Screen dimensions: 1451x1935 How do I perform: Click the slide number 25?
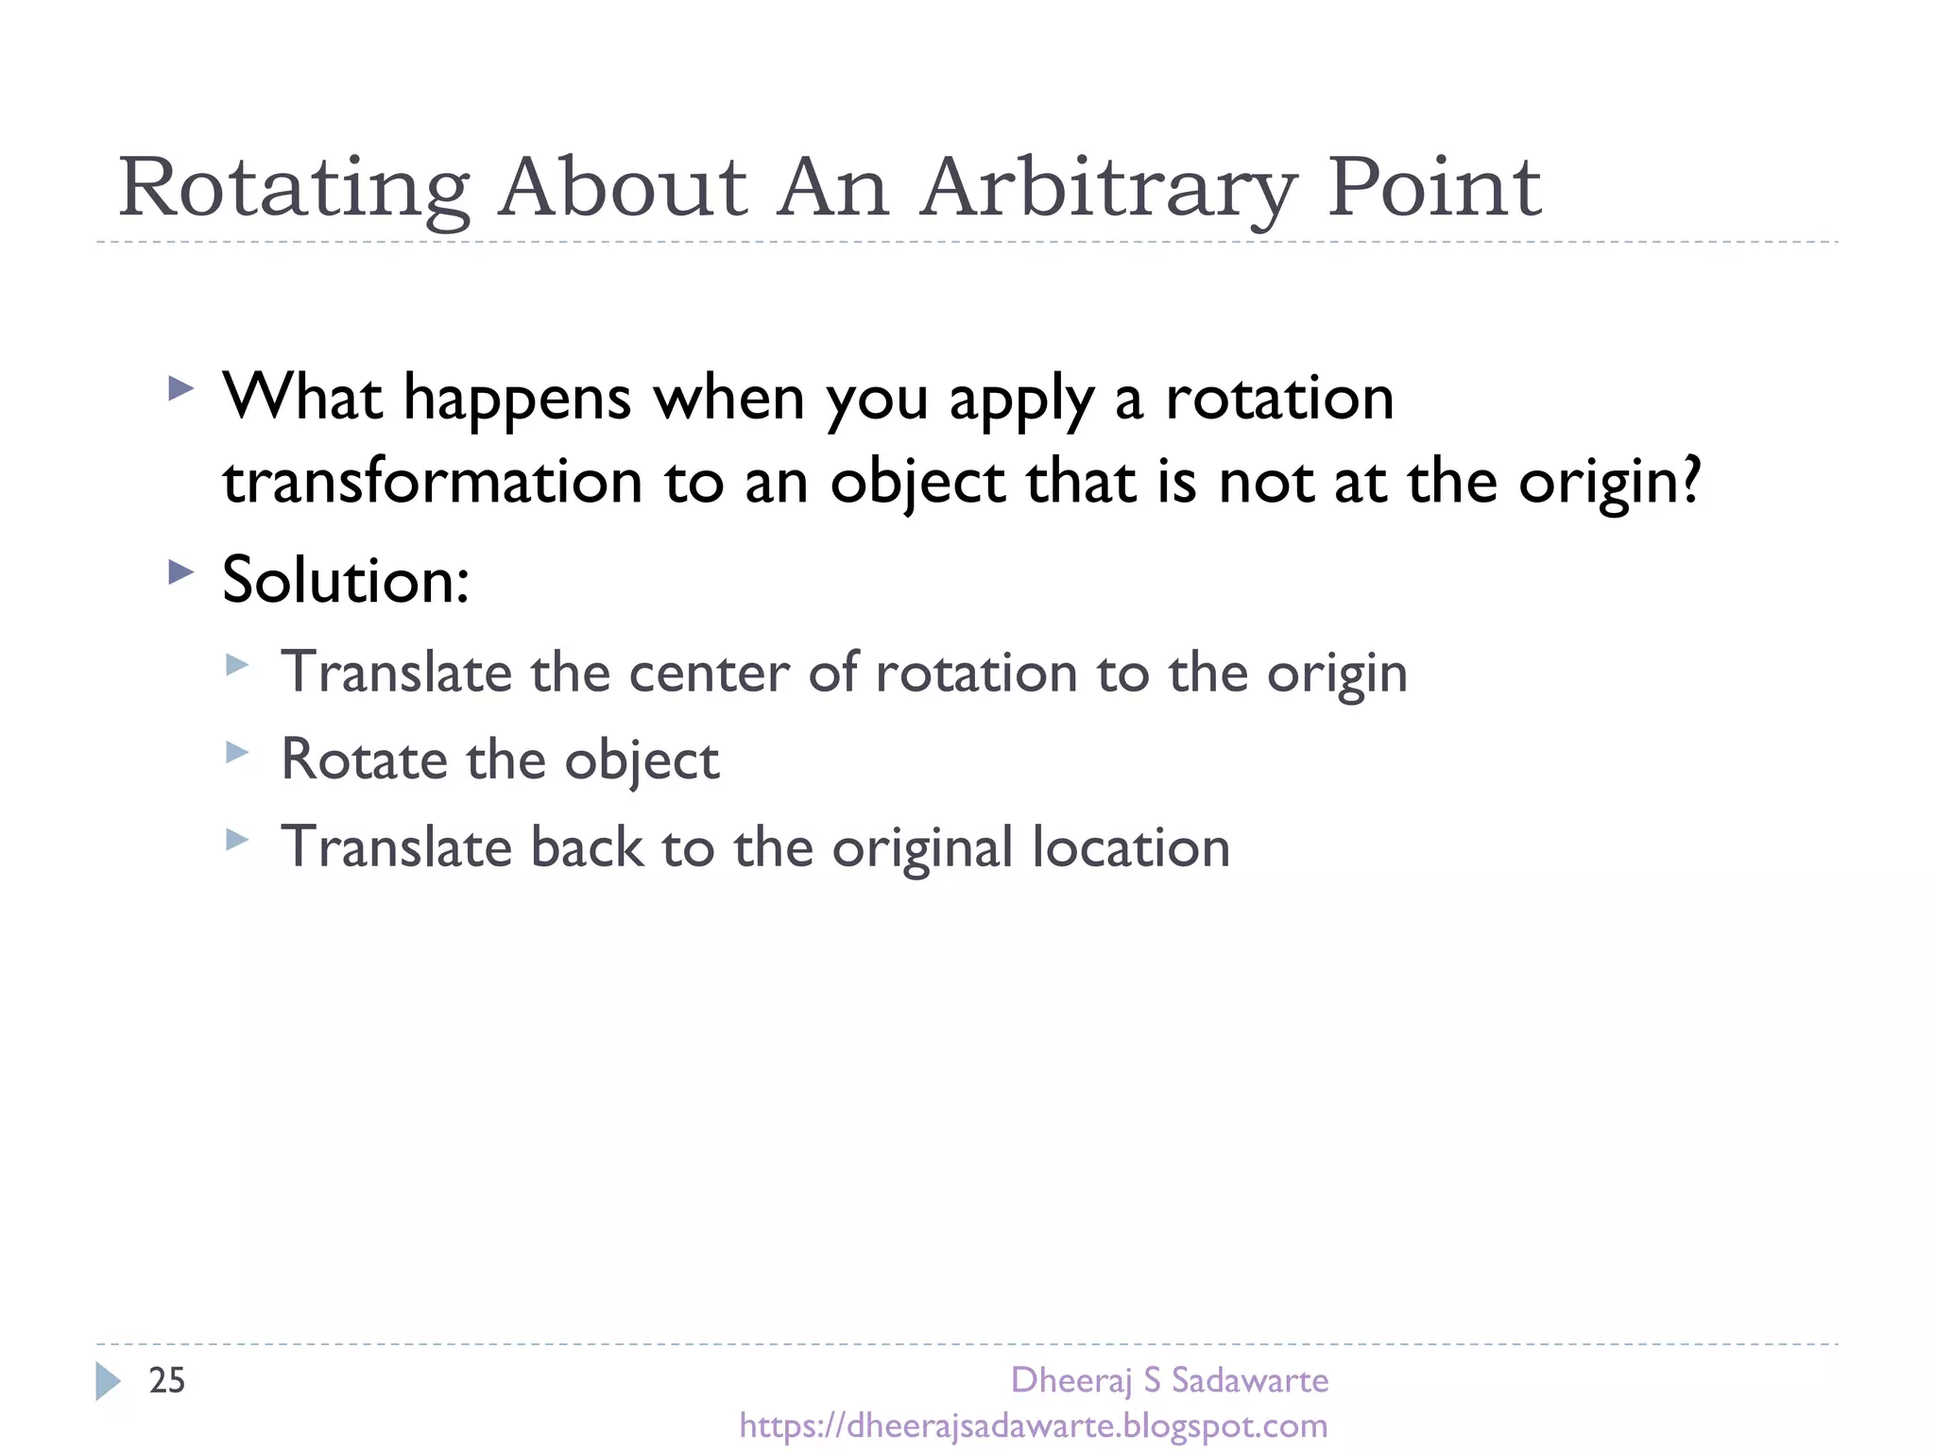point(167,1380)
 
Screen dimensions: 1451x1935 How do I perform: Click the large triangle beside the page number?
point(108,1381)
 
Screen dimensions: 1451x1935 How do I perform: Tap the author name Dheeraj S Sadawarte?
point(1169,1380)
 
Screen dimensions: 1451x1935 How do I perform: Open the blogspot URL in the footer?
point(1034,1425)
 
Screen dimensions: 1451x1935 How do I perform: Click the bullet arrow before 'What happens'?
point(180,388)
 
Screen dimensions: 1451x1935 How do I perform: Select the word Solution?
point(345,579)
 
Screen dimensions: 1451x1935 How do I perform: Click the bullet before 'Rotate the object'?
point(237,752)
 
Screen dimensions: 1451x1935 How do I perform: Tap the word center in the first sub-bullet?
point(709,673)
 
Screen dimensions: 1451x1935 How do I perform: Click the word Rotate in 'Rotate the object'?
point(364,760)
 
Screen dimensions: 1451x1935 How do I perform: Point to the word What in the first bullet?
point(302,397)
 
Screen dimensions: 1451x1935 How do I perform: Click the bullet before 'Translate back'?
point(237,839)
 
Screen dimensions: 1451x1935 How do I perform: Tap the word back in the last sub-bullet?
point(586,846)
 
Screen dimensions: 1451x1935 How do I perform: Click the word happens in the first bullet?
point(517,399)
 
